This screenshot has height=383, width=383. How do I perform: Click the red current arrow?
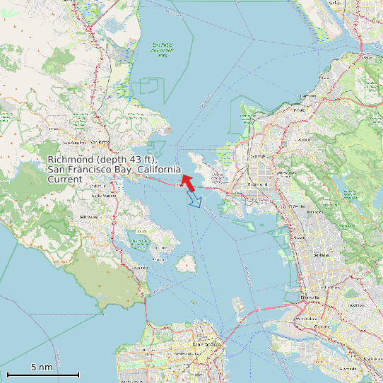(x=188, y=182)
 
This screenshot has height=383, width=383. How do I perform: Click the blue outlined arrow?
(x=194, y=201)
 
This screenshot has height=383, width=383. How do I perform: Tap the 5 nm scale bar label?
(x=42, y=367)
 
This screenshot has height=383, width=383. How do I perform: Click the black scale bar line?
(x=42, y=375)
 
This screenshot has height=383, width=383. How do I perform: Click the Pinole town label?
(x=300, y=110)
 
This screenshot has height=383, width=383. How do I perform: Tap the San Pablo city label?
(x=258, y=156)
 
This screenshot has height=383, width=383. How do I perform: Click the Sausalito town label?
(x=139, y=268)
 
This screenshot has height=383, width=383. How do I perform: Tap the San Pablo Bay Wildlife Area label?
(x=163, y=49)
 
